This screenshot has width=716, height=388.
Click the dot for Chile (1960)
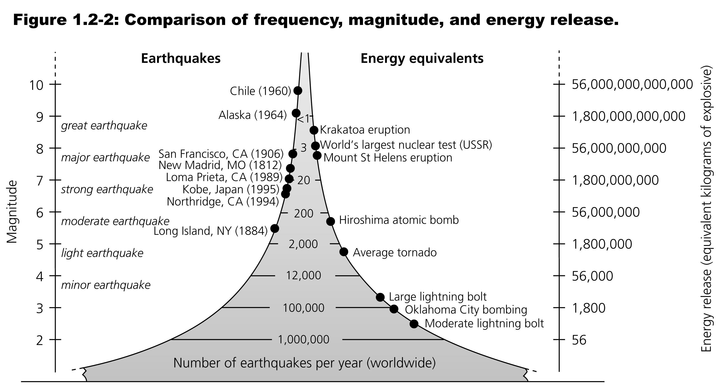click(298, 91)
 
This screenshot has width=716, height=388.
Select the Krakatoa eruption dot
click(314, 130)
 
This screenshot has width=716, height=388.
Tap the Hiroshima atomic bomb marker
click(331, 221)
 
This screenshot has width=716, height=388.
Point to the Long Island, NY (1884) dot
click(275, 228)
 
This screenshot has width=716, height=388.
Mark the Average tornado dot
click(344, 252)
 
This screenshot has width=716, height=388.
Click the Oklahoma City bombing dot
click(394, 309)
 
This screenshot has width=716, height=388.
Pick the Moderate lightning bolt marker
click(414, 324)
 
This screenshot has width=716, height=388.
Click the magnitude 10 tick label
click(36, 85)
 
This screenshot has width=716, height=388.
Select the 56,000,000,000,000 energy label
click(632, 84)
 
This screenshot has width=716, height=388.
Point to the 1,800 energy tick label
click(589, 308)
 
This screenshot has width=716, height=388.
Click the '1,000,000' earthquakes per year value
click(304, 340)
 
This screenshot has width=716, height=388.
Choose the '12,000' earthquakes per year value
click(304, 275)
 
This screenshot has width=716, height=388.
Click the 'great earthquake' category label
click(104, 126)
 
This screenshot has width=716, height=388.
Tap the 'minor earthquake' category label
click(106, 285)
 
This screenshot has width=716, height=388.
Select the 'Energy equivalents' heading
click(422, 59)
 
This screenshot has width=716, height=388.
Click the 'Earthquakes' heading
click(181, 59)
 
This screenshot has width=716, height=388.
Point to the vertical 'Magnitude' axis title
click(12, 212)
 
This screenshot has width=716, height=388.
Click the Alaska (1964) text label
click(252, 115)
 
